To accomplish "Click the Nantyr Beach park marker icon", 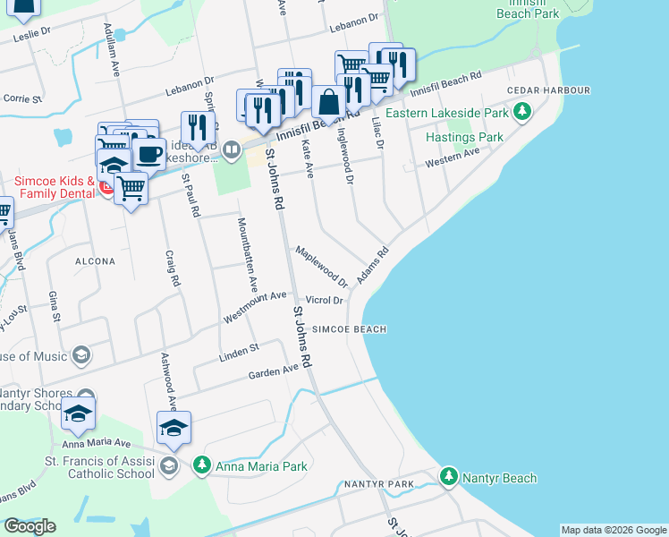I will [449, 477].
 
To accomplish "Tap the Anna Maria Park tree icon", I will [202, 466].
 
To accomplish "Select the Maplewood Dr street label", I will [321, 267].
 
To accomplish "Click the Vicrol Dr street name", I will [324, 300].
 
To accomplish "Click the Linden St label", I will [239, 352].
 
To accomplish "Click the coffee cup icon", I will [149, 153].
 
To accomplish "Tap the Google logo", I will [30, 526].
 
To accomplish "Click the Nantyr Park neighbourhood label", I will [389, 483].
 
